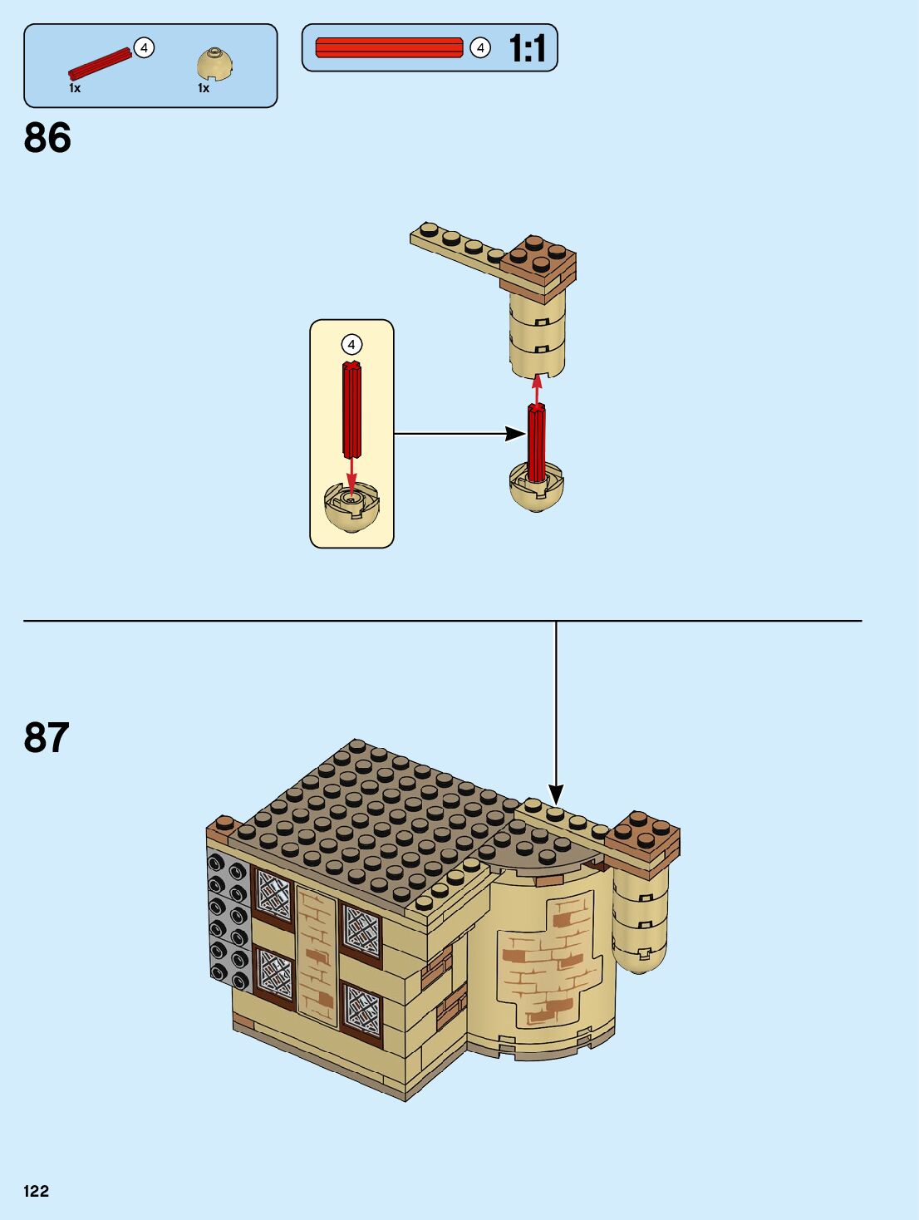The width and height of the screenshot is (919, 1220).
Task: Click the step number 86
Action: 47,138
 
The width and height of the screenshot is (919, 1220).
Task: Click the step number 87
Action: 47,737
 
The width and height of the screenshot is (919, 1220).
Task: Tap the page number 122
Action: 37,1191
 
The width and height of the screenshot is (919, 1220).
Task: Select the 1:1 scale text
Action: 528,48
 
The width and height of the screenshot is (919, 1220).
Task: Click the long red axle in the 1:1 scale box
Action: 389,47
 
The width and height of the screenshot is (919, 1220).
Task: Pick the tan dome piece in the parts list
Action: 215,65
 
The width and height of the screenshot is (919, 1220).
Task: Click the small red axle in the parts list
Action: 100,64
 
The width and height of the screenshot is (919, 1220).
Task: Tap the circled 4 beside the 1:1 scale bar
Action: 480,48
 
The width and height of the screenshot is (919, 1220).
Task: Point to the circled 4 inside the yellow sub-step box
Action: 351,344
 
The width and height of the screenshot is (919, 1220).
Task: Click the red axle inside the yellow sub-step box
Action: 351,411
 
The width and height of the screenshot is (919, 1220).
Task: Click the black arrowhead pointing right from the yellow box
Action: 515,433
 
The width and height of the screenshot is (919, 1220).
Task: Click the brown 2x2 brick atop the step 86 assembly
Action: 540,260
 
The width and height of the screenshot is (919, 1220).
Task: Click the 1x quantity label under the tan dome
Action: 204,88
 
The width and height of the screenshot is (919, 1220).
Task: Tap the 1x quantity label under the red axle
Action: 75,88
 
